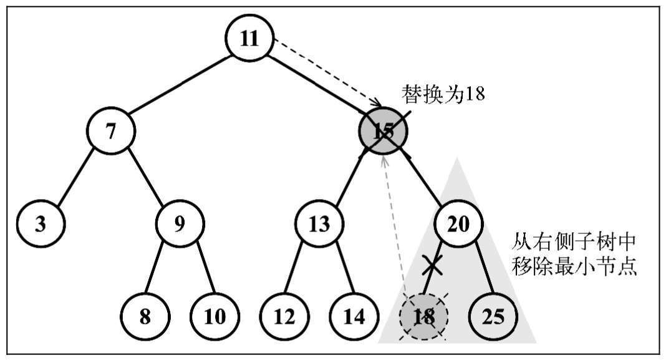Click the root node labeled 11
pos(249,38)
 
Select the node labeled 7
pos(111,131)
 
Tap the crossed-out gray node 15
pos(383,131)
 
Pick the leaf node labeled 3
pos(41,223)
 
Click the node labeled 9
pos(180,223)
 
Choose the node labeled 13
pos(319,223)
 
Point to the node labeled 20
pos(458,223)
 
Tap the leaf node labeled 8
pos(145,316)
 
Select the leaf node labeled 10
pos(215,316)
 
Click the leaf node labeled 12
pos(284,316)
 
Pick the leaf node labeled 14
pos(354,316)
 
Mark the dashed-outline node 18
pos(423,316)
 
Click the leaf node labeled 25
pos(493,316)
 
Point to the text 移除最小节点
pos(573,267)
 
